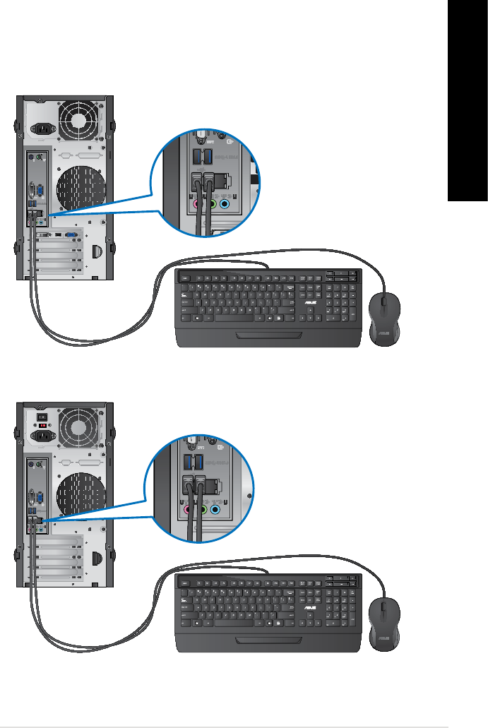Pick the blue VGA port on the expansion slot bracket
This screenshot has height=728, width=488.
(x=71, y=233)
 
